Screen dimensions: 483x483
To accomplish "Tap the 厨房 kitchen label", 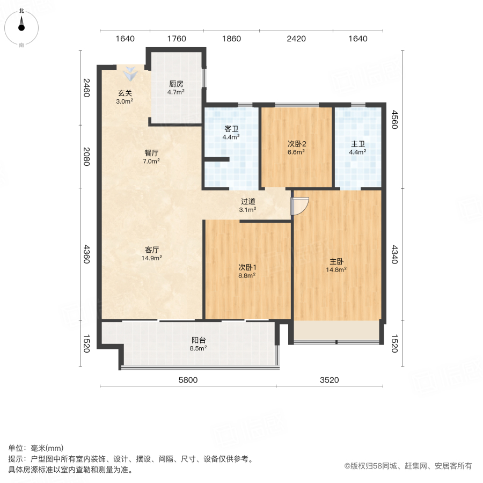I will click(176, 84).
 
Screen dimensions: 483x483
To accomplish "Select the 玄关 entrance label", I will click(125, 93).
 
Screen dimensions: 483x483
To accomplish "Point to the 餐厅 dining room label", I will click(151, 152).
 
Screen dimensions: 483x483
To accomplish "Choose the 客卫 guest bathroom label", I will click(231, 129).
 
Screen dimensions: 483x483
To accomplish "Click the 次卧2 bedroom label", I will click(296, 144).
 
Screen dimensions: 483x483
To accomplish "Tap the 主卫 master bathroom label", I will click(358, 144).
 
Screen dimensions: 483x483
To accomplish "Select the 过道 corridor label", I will click(247, 202).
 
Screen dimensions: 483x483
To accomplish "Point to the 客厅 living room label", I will click(151, 250).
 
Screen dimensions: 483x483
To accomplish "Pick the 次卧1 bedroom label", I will click(247, 267).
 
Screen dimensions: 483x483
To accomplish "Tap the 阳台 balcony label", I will click(199, 340).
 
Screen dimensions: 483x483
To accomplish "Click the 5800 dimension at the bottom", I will click(188, 380).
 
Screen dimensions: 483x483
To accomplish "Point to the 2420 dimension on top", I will click(296, 39).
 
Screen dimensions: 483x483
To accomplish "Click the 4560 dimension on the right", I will click(395, 119).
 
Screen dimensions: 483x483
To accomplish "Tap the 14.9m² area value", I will click(151, 258).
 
